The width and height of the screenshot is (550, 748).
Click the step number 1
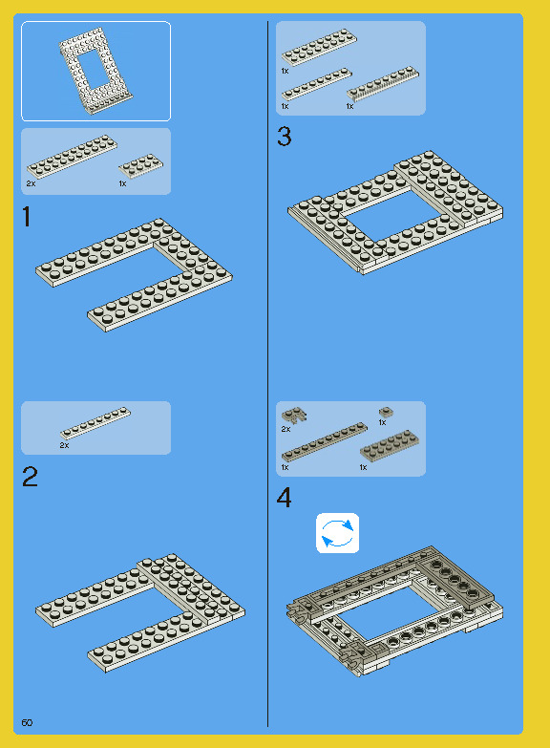27,217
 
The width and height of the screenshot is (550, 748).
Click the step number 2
30,477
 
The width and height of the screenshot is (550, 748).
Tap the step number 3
284,136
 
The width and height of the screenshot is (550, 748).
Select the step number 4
284,498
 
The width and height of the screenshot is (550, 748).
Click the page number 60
27,723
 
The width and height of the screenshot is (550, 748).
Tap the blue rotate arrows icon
337,533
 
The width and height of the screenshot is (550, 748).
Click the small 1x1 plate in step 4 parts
386,412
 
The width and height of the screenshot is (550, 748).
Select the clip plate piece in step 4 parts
294,415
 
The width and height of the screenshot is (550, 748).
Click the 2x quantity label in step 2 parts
64,445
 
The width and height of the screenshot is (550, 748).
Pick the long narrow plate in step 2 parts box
95,422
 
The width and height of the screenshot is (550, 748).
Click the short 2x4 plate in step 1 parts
140,165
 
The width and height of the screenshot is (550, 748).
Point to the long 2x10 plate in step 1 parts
72,157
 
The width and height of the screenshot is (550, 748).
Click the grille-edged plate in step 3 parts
383,83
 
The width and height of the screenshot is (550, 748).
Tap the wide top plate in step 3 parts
319,46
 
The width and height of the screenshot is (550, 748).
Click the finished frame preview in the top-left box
95,71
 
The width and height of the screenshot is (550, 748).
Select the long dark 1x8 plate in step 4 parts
325,441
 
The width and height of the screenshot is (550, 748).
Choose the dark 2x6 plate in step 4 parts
390,445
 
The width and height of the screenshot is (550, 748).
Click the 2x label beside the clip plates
286,429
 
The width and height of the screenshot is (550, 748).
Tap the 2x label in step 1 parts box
31,183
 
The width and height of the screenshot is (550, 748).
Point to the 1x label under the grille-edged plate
349,106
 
